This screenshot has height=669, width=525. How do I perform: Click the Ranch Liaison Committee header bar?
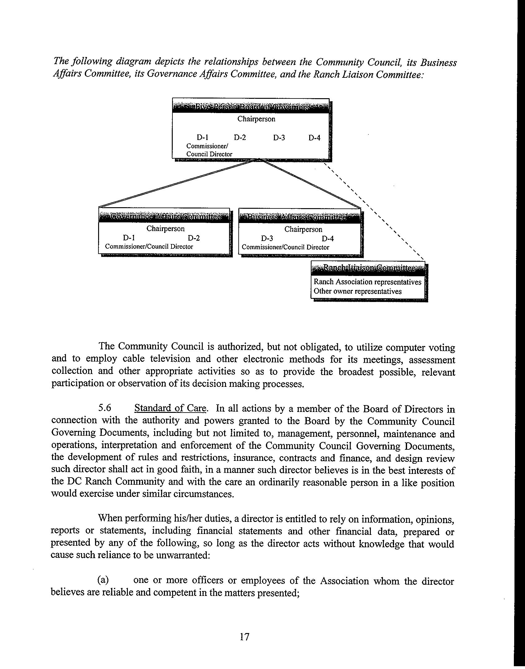(x=368, y=268)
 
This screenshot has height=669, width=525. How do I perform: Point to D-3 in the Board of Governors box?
(x=279, y=138)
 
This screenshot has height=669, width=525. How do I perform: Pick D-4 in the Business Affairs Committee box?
(x=328, y=239)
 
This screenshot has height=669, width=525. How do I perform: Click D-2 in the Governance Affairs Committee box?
(x=194, y=238)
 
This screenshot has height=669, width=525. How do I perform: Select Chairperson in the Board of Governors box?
(x=256, y=119)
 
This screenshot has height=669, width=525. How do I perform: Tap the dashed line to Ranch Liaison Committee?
(x=375, y=211)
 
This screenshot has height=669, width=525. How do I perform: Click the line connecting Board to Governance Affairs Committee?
(x=176, y=184)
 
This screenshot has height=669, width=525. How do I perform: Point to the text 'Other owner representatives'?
(x=358, y=291)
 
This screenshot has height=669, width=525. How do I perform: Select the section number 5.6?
(x=105, y=408)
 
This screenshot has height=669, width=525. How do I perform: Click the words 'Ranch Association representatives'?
(x=367, y=282)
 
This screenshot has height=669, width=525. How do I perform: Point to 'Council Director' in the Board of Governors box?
(x=209, y=154)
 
